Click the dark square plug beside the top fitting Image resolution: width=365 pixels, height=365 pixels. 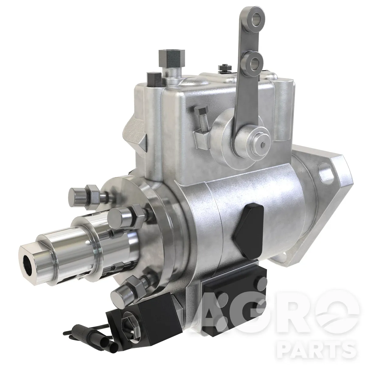point(154,79)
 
